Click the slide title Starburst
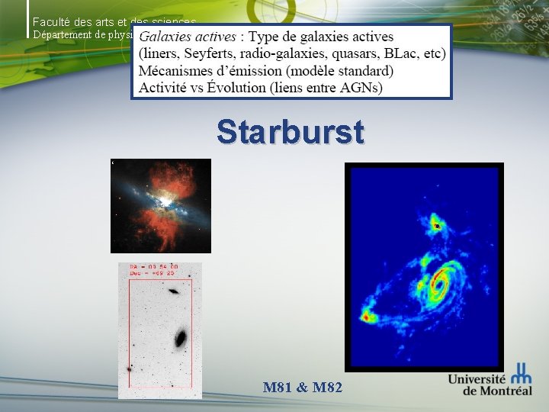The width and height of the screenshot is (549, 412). pos(291,131)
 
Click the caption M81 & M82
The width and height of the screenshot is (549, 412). pos(303,388)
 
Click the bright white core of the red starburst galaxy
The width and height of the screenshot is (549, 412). pos(162,203)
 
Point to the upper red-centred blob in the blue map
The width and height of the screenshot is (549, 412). pos(435,225)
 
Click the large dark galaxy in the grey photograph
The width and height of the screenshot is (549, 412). pos(181,337)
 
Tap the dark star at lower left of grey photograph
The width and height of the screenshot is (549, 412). pos(130,368)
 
